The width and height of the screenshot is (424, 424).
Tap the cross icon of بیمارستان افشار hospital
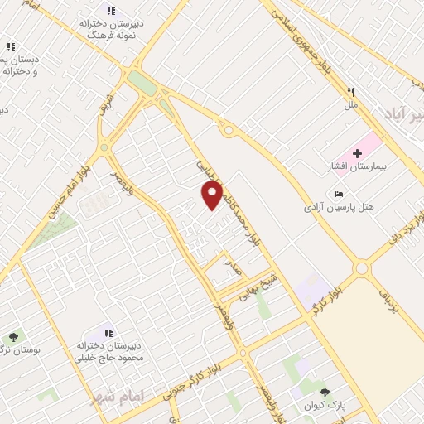(357, 153)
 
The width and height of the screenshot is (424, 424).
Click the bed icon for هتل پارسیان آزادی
(339, 194)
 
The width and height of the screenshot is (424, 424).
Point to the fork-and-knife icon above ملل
(351, 92)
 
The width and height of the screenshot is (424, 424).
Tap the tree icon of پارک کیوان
(325, 392)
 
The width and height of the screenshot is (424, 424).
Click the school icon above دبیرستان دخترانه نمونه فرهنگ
(111, 11)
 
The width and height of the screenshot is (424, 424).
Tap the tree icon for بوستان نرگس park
(13, 337)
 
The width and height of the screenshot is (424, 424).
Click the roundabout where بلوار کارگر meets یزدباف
(361, 268)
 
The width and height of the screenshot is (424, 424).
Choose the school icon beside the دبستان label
(12, 47)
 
